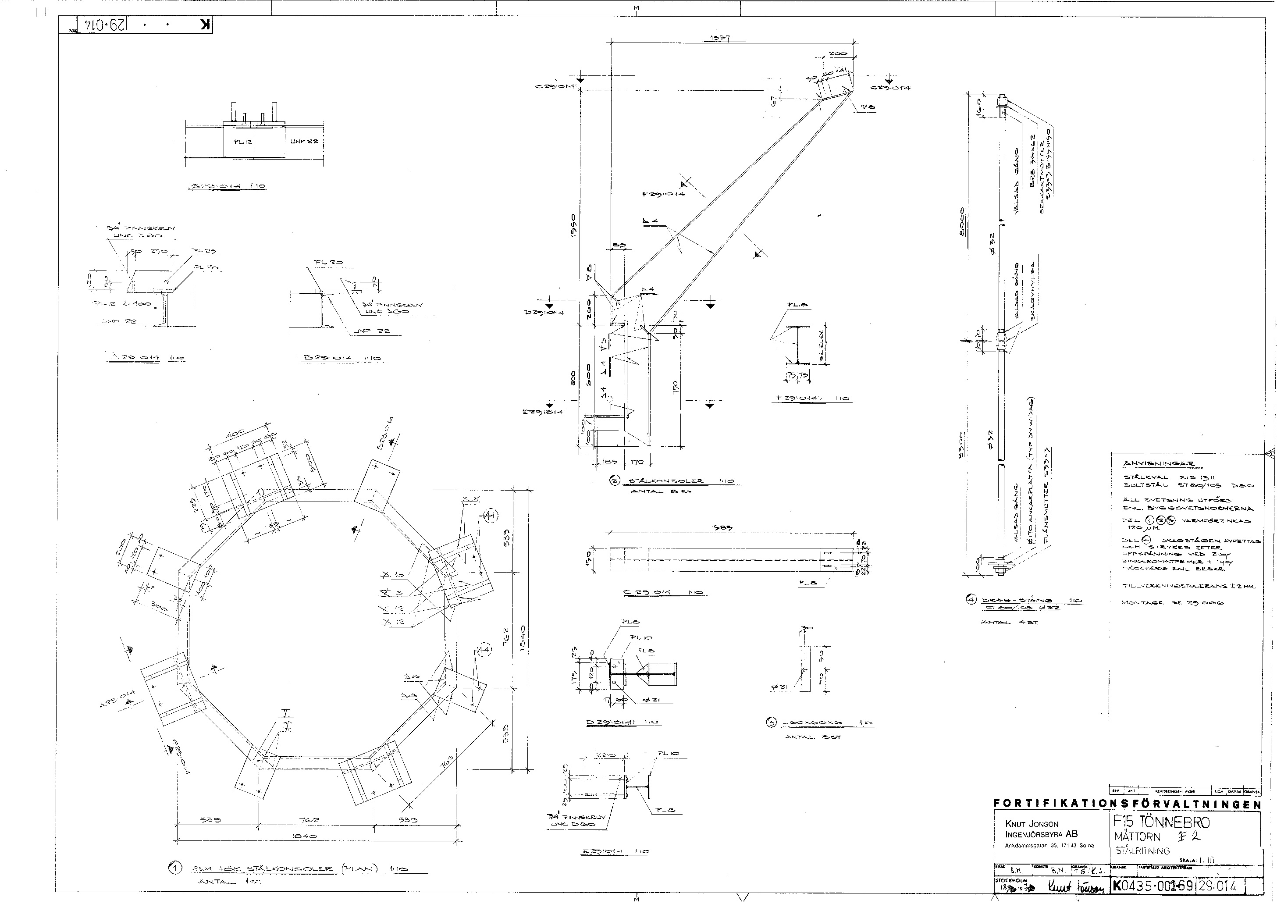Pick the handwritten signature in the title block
(x=1063, y=886)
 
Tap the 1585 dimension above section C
(x=722, y=528)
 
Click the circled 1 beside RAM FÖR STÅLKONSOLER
(x=175, y=868)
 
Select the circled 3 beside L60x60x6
(x=771, y=722)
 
